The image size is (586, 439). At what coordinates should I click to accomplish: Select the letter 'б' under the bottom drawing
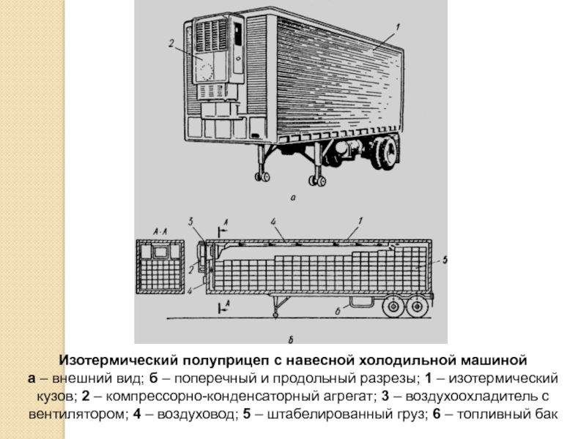click(292, 339)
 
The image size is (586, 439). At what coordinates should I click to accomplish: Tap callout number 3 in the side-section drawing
click(190, 220)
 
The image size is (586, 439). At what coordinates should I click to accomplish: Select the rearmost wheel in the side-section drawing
click(418, 307)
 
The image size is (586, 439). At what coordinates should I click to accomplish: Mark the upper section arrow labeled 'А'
click(226, 220)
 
